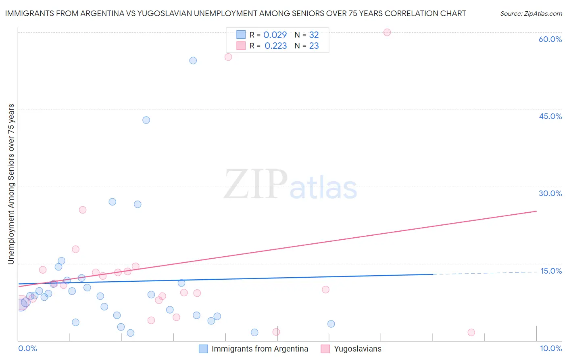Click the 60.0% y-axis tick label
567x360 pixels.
click(550, 39)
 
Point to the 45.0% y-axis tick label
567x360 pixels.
click(550, 116)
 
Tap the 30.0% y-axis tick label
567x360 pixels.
click(550, 193)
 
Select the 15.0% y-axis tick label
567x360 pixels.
click(551, 271)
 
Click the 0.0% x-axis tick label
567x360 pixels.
click(27, 348)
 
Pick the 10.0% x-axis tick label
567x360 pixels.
click(550, 348)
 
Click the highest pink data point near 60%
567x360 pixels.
click(387, 32)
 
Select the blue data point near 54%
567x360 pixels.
click(193, 61)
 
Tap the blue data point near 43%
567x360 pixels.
click(146, 120)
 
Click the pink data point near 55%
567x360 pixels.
click(228, 57)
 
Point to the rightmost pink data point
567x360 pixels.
click(471, 333)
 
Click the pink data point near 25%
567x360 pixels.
click(83, 210)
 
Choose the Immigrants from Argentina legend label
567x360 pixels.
click(260, 349)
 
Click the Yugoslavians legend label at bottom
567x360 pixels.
click(357, 349)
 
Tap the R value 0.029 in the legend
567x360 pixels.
click(275, 35)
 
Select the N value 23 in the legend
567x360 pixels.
click(314, 46)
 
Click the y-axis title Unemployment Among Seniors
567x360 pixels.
click(11, 184)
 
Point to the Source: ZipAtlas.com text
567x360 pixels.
click(531, 13)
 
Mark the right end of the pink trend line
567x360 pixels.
click(536, 211)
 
